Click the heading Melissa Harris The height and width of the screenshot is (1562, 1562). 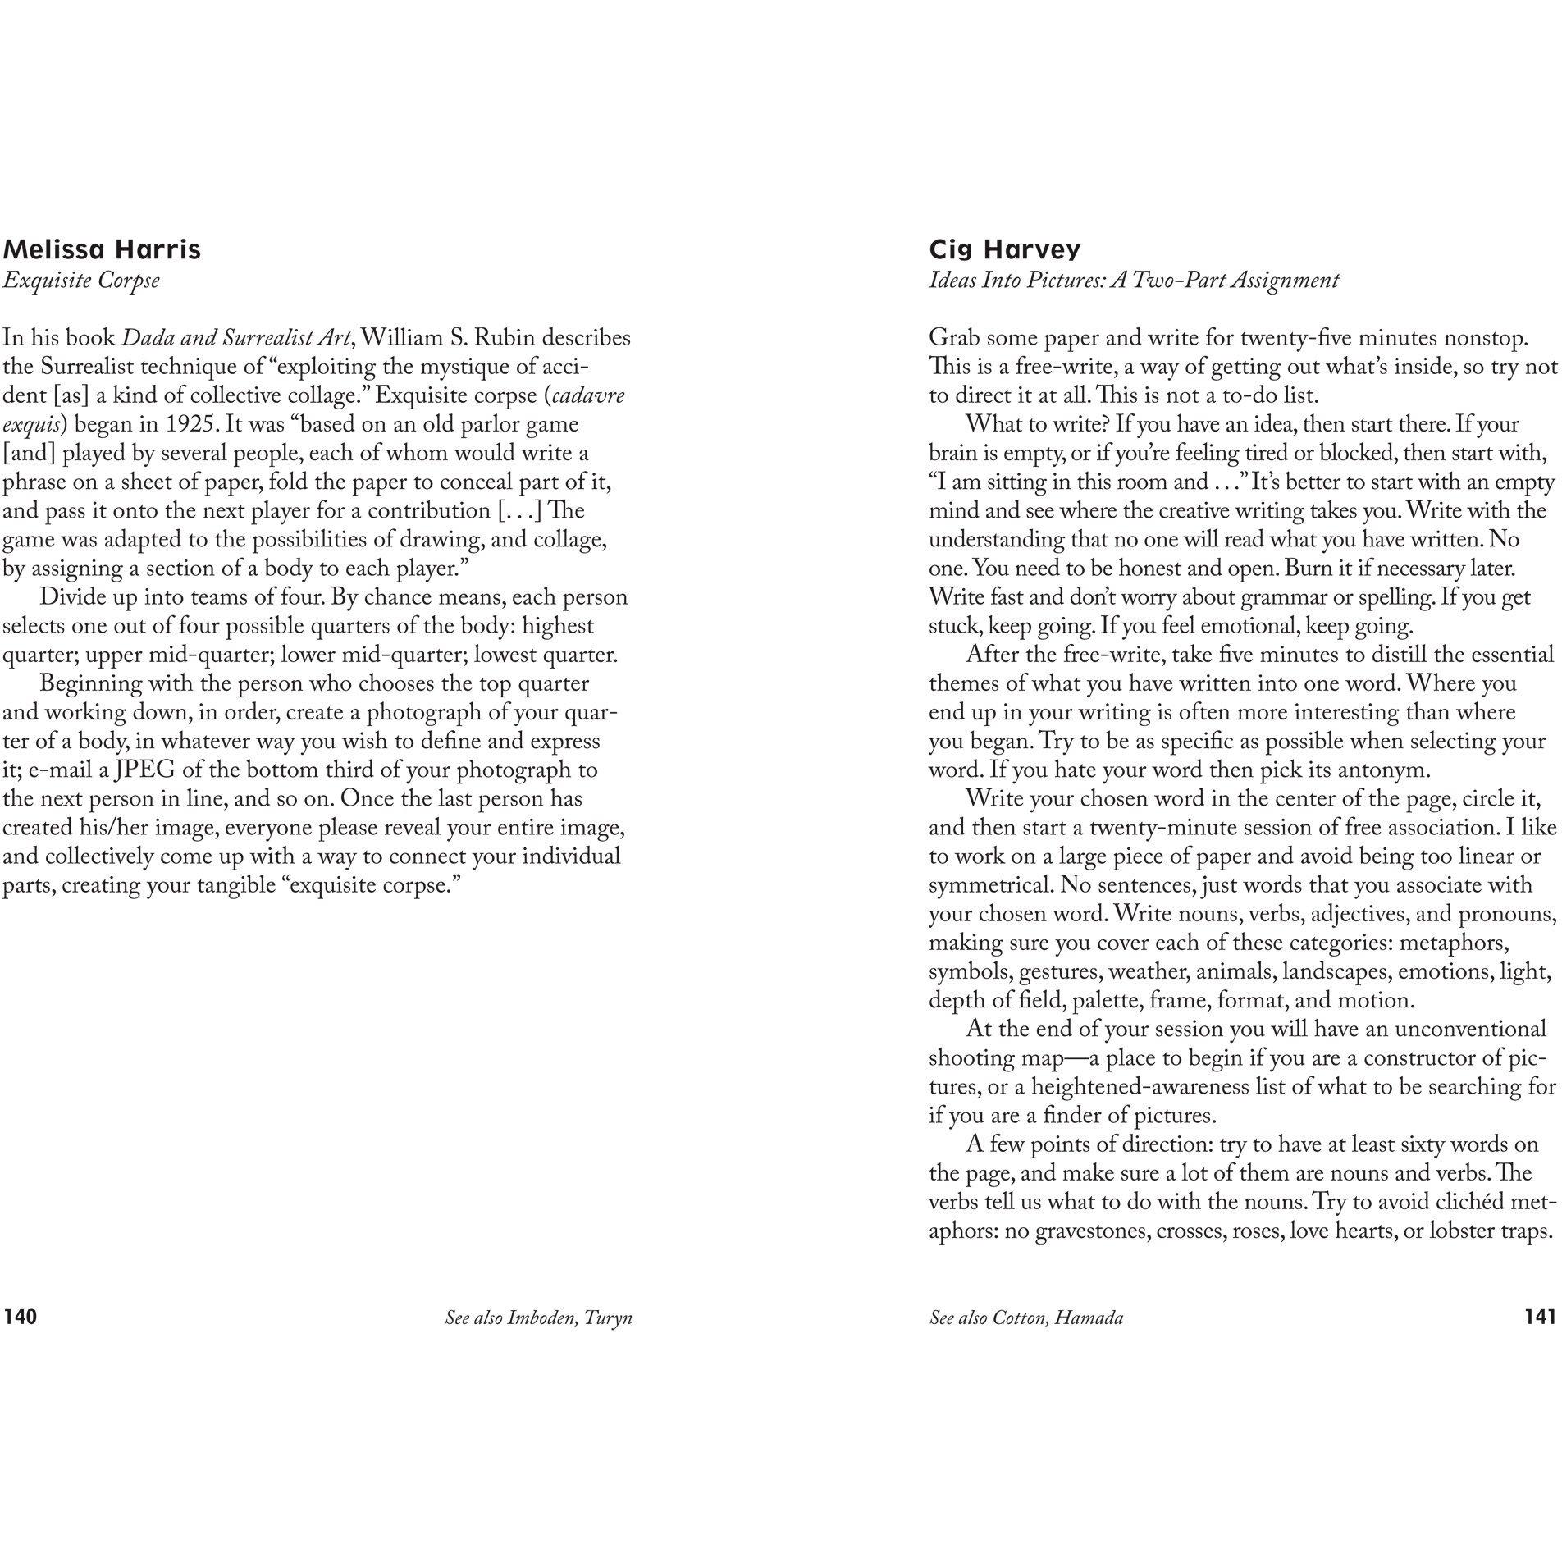pyautogui.click(x=102, y=249)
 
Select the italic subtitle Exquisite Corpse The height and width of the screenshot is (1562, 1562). pyautogui.click(x=80, y=281)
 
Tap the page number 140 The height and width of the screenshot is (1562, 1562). pyautogui.click(x=21, y=1317)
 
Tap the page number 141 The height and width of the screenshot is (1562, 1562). pyautogui.click(x=1540, y=1317)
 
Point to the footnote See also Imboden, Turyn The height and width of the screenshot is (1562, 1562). pyautogui.click(x=538, y=1318)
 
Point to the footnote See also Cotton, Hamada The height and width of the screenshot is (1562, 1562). pyautogui.click(x=1026, y=1318)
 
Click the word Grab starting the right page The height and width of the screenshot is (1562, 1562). pyautogui.click(x=954, y=338)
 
